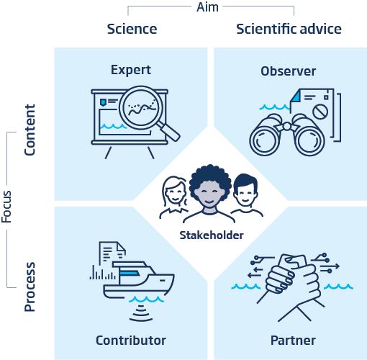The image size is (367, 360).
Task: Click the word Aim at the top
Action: tap(207, 7)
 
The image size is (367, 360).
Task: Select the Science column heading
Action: tap(132, 29)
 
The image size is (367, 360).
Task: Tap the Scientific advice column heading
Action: tap(289, 29)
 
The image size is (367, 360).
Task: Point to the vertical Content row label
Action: tap(30, 130)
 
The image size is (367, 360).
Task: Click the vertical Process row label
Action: tap(30, 287)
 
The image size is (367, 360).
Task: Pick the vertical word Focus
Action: tap(6, 207)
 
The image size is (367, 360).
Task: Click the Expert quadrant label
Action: tap(131, 71)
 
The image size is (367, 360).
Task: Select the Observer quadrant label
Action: tap(289, 71)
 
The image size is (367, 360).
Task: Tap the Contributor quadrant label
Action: tap(131, 341)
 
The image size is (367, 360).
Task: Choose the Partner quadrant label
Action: tap(293, 341)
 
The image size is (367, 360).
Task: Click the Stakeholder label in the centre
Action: tap(212, 235)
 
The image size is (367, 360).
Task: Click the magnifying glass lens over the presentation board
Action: tap(141, 108)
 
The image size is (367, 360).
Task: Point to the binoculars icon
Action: tap(287, 135)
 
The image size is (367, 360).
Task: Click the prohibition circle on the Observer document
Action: tap(320, 111)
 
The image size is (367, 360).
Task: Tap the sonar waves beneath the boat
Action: tap(141, 313)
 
